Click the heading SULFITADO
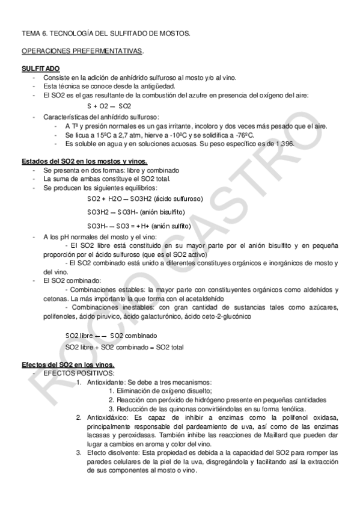point(40,70)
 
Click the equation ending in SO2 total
point(124,347)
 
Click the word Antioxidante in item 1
point(106,382)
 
